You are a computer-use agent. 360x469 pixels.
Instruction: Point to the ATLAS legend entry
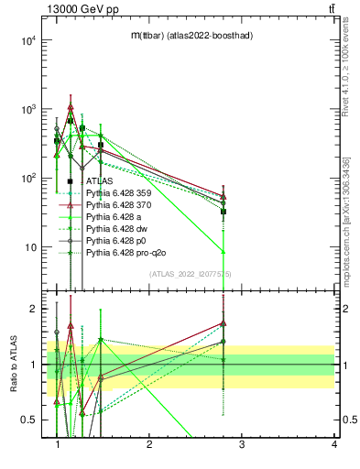pos(100,181)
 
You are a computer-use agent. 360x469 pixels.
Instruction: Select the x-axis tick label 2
pos(149,444)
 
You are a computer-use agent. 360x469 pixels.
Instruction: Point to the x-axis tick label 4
pos(333,444)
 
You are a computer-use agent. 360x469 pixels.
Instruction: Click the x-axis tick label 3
pos(241,444)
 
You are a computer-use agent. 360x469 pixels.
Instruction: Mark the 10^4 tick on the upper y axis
pos(27,40)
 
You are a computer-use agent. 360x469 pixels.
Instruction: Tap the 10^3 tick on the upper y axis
pos(27,109)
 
